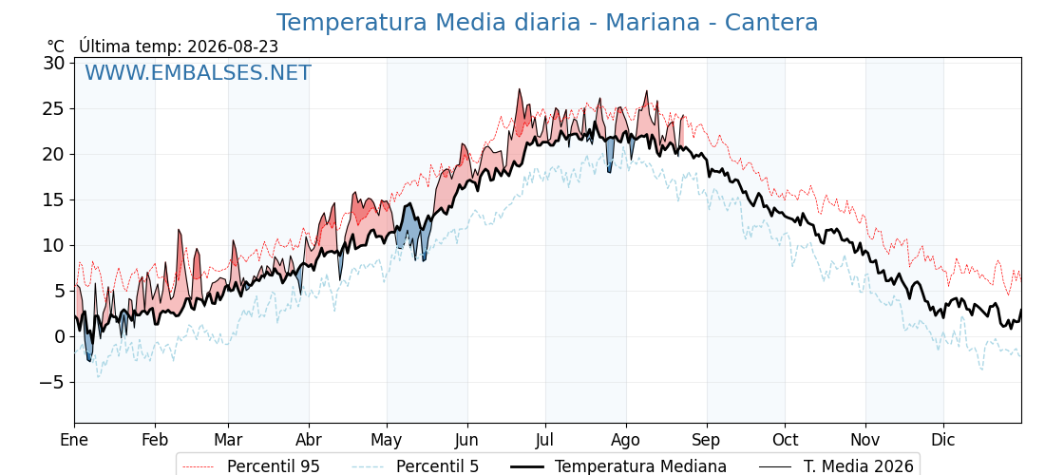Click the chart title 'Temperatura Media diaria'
[x=428, y=23]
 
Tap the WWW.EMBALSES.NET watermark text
[x=198, y=72]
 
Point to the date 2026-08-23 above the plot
[x=233, y=47]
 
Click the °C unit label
[x=56, y=47]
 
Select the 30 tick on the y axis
[x=54, y=63]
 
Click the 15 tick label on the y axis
[x=54, y=200]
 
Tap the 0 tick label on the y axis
[x=60, y=336]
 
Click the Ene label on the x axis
[x=74, y=440]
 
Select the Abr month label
[x=309, y=440]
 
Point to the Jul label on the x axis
[x=545, y=440]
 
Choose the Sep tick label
[x=707, y=440]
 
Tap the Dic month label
[x=943, y=440]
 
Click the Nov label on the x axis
[x=865, y=440]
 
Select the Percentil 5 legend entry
[x=416, y=466]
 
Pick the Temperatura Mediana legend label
[x=618, y=466]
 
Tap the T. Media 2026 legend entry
[x=836, y=466]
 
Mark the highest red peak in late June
[x=519, y=89]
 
